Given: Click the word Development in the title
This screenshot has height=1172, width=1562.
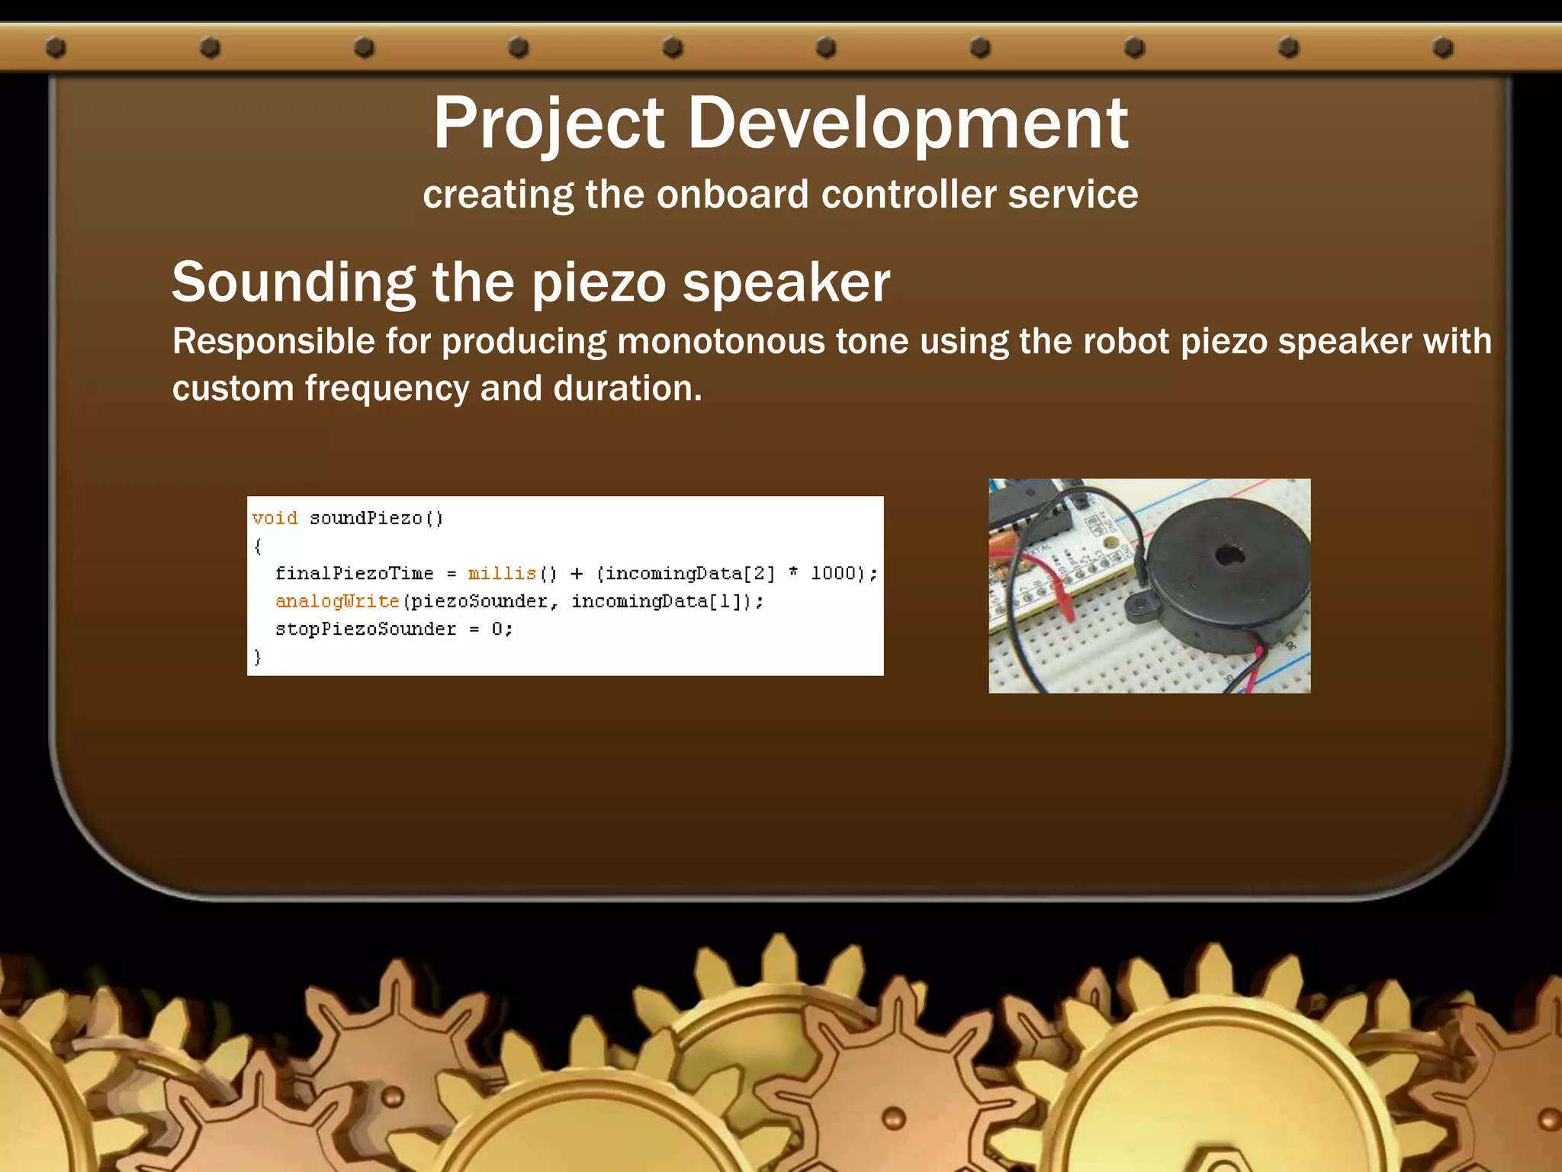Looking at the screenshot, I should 908,124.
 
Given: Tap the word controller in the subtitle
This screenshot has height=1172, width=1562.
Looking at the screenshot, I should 908,194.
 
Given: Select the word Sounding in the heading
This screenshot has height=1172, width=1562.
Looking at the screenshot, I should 294,282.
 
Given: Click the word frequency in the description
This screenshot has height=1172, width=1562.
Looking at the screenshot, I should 387,388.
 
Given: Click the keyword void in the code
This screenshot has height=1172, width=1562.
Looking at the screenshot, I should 275,518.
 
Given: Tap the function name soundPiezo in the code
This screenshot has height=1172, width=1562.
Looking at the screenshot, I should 365,518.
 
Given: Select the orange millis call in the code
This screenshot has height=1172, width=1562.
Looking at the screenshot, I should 502,573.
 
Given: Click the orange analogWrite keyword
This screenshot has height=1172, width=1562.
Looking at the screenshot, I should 337,601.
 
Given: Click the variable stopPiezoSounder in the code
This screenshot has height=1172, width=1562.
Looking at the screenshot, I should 365,629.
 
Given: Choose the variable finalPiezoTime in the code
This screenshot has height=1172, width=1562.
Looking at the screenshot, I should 354,573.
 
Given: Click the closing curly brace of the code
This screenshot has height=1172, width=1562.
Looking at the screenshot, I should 258,656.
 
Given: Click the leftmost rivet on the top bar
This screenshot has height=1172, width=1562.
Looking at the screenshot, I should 56,47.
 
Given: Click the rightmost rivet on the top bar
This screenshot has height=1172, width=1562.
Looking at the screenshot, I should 1442,47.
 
